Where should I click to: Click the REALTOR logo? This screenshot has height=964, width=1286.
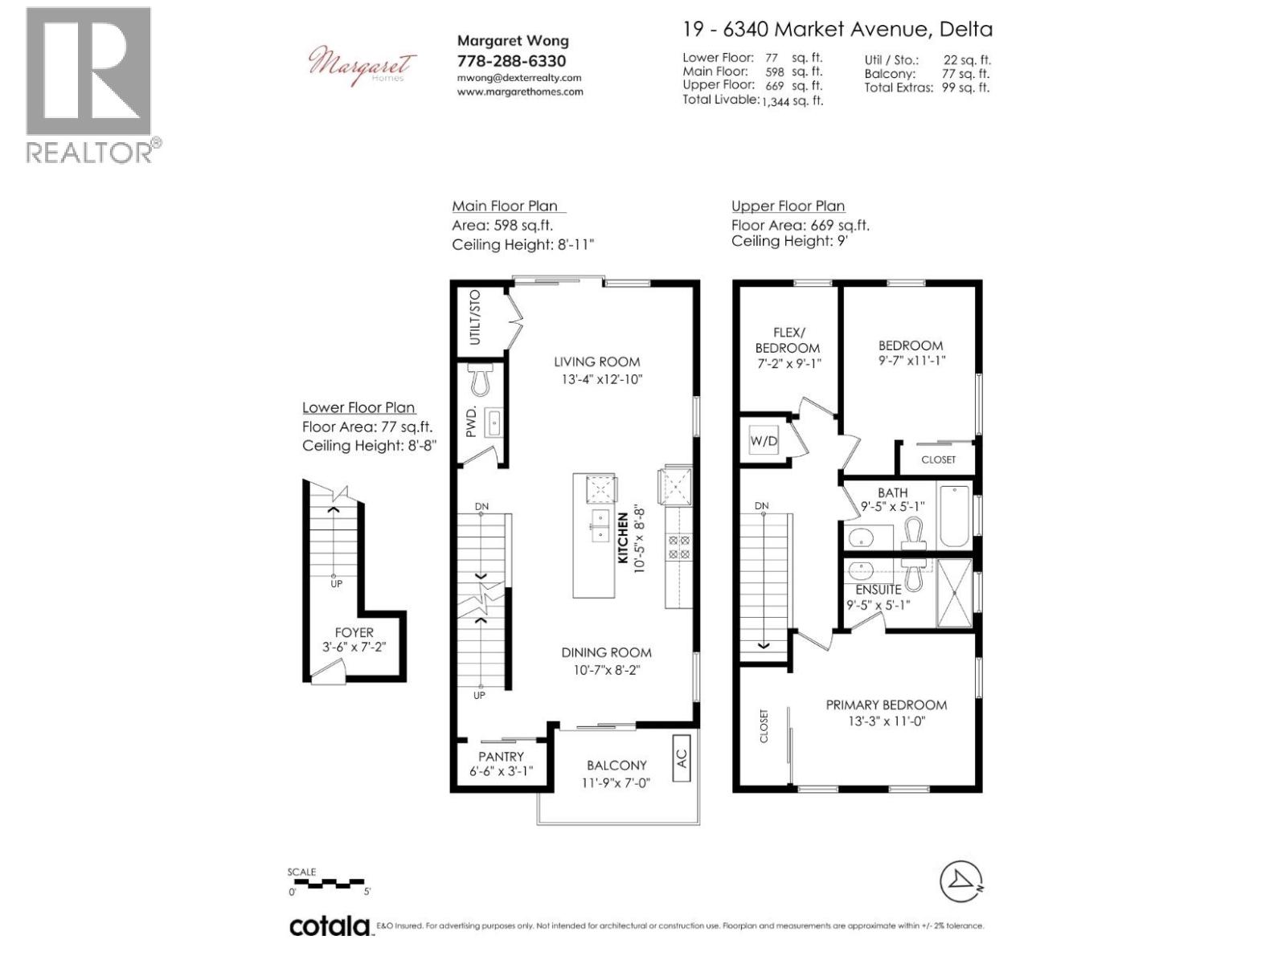(88, 84)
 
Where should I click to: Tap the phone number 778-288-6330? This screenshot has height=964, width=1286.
(511, 61)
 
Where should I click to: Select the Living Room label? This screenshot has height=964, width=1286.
(596, 362)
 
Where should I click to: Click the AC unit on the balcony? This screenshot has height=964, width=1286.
(681, 758)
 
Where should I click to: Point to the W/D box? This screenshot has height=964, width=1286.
(764, 441)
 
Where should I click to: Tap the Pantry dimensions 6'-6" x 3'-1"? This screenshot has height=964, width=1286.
(501, 772)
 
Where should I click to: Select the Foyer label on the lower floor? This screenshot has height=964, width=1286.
(354, 633)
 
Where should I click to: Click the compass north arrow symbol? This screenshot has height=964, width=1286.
(961, 882)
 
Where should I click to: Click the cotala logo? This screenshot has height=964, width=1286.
(330, 926)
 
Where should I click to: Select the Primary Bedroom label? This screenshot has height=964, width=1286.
(886, 705)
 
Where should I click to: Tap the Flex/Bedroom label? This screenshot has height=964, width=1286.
(787, 340)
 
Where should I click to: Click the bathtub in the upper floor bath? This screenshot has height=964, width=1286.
(954, 517)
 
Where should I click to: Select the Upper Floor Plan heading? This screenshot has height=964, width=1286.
(788, 206)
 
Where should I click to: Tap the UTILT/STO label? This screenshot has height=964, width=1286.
(475, 317)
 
